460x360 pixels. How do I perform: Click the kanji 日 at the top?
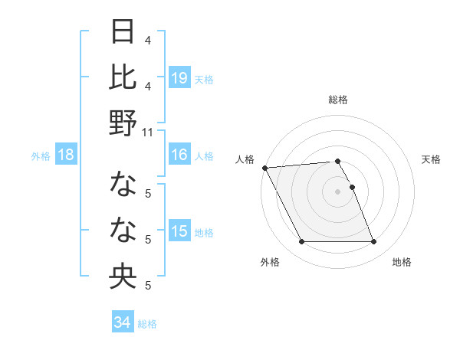point(123,33)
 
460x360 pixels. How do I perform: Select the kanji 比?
point(123,77)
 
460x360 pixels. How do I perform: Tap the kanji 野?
point(123,123)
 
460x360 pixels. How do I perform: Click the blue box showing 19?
point(179,77)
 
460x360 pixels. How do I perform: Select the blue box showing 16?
point(179,155)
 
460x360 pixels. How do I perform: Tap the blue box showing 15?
point(179,231)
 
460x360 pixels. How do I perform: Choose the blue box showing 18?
point(66,155)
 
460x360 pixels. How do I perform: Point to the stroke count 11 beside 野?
point(148,132)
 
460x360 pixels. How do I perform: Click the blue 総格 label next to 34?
point(147,324)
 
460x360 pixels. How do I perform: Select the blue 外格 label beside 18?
point(41,156)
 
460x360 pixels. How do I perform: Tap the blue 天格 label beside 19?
point(204,79)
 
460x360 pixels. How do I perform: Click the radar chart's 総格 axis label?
point(338,100)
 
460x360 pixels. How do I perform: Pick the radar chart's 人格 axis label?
point(245,159)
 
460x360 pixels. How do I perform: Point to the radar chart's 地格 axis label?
point(402,262)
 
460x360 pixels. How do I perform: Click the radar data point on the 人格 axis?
point(264,168)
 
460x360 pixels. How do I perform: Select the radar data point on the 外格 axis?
point(301,242)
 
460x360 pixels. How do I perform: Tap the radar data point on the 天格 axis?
point(352,187)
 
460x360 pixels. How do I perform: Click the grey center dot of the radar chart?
point(338,191)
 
